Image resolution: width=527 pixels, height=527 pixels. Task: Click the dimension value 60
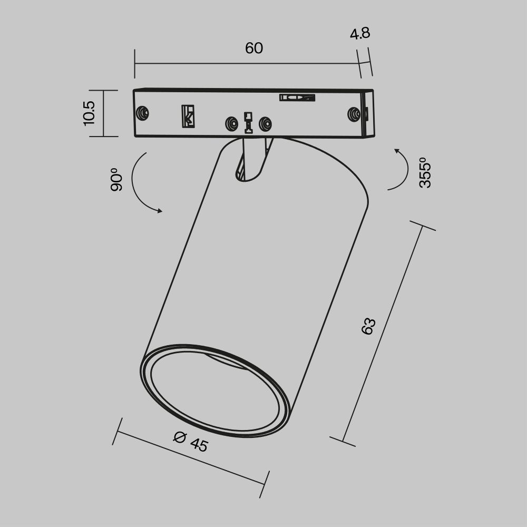[x=253, y=48]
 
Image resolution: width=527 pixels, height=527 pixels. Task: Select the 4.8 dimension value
[x=360, y=34]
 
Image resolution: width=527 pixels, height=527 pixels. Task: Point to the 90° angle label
[x=116, y=179]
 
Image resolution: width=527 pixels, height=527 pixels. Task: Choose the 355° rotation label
[x=425, y=172]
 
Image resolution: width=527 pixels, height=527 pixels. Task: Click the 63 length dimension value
[x=368, y=326]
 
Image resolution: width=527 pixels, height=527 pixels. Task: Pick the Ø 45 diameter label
[x=191, y=441]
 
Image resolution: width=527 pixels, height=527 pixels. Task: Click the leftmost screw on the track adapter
[x=142, y=113]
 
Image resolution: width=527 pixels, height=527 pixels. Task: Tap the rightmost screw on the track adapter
[x=353, y=114]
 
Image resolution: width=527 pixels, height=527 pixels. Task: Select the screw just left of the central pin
[x=231, y=124]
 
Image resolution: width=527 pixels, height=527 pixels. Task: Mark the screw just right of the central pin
[x=265, y=124]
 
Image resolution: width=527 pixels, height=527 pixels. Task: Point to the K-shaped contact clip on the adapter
[x=188, y=116]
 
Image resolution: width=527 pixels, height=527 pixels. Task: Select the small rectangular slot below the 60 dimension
[x=297, y=97]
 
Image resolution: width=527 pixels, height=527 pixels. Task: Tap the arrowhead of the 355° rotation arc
[x=397, y=151]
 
